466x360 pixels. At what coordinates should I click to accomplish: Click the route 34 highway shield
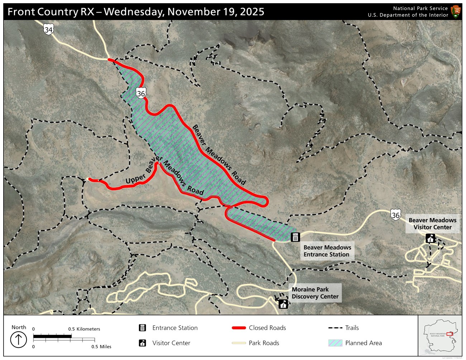(x=48, y=29)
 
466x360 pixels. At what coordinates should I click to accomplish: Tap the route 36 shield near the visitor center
(x=395, y=215)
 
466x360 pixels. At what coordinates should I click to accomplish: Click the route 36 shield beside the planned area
(x=141, y=93)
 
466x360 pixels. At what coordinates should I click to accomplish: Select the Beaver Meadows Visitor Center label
(x=432, y=224)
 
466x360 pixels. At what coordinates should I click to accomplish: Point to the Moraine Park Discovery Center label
(x=315, y=293)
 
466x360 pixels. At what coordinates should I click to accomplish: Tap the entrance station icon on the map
(x=295, y=237)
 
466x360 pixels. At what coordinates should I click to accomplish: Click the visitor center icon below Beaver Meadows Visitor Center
(x=430, y=238)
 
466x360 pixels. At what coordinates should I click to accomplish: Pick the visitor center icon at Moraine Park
(x=283, y=304)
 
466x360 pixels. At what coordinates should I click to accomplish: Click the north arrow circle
(x=18, y=340)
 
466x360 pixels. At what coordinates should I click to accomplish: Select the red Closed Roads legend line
(x=239, y=328)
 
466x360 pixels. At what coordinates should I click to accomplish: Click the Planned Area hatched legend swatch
(x=335, y=343)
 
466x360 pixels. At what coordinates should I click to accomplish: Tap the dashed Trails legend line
(x=335, y=328)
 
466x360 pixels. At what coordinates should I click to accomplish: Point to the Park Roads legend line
(x=239, y=343)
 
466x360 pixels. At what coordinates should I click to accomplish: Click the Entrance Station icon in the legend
(x=142, y=328)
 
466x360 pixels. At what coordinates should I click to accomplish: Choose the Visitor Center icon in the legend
(x=142, y=343)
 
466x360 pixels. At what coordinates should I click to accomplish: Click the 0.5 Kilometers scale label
(x=84, y=329)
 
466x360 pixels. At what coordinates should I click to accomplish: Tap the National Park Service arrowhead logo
(x=456, y=11)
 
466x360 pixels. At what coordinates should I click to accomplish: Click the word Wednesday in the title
(x=134, y=12)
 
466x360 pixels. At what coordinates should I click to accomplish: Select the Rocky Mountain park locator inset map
(x=440, y=336)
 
